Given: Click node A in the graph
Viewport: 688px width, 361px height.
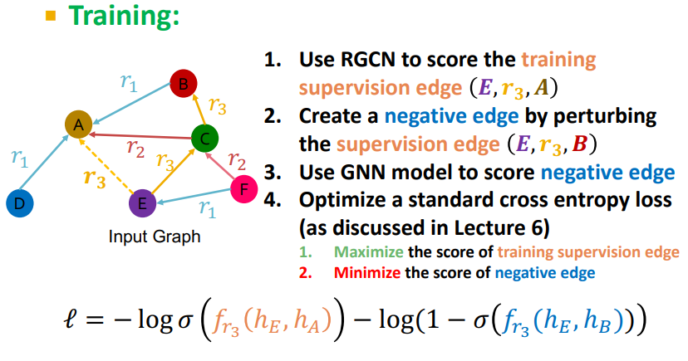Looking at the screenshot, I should point(78,124).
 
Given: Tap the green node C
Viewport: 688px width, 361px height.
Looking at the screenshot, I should point(204,137).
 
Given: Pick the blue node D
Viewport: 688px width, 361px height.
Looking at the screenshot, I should point(19,202).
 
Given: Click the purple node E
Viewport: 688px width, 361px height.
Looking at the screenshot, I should point(142,202).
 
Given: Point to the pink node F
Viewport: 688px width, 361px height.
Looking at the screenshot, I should point(243,190).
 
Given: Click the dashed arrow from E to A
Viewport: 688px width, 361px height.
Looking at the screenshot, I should point(110,163).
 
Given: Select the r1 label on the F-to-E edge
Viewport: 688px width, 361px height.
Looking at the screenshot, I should point(208,211).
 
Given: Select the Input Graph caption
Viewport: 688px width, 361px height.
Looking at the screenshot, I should point(155,237).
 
